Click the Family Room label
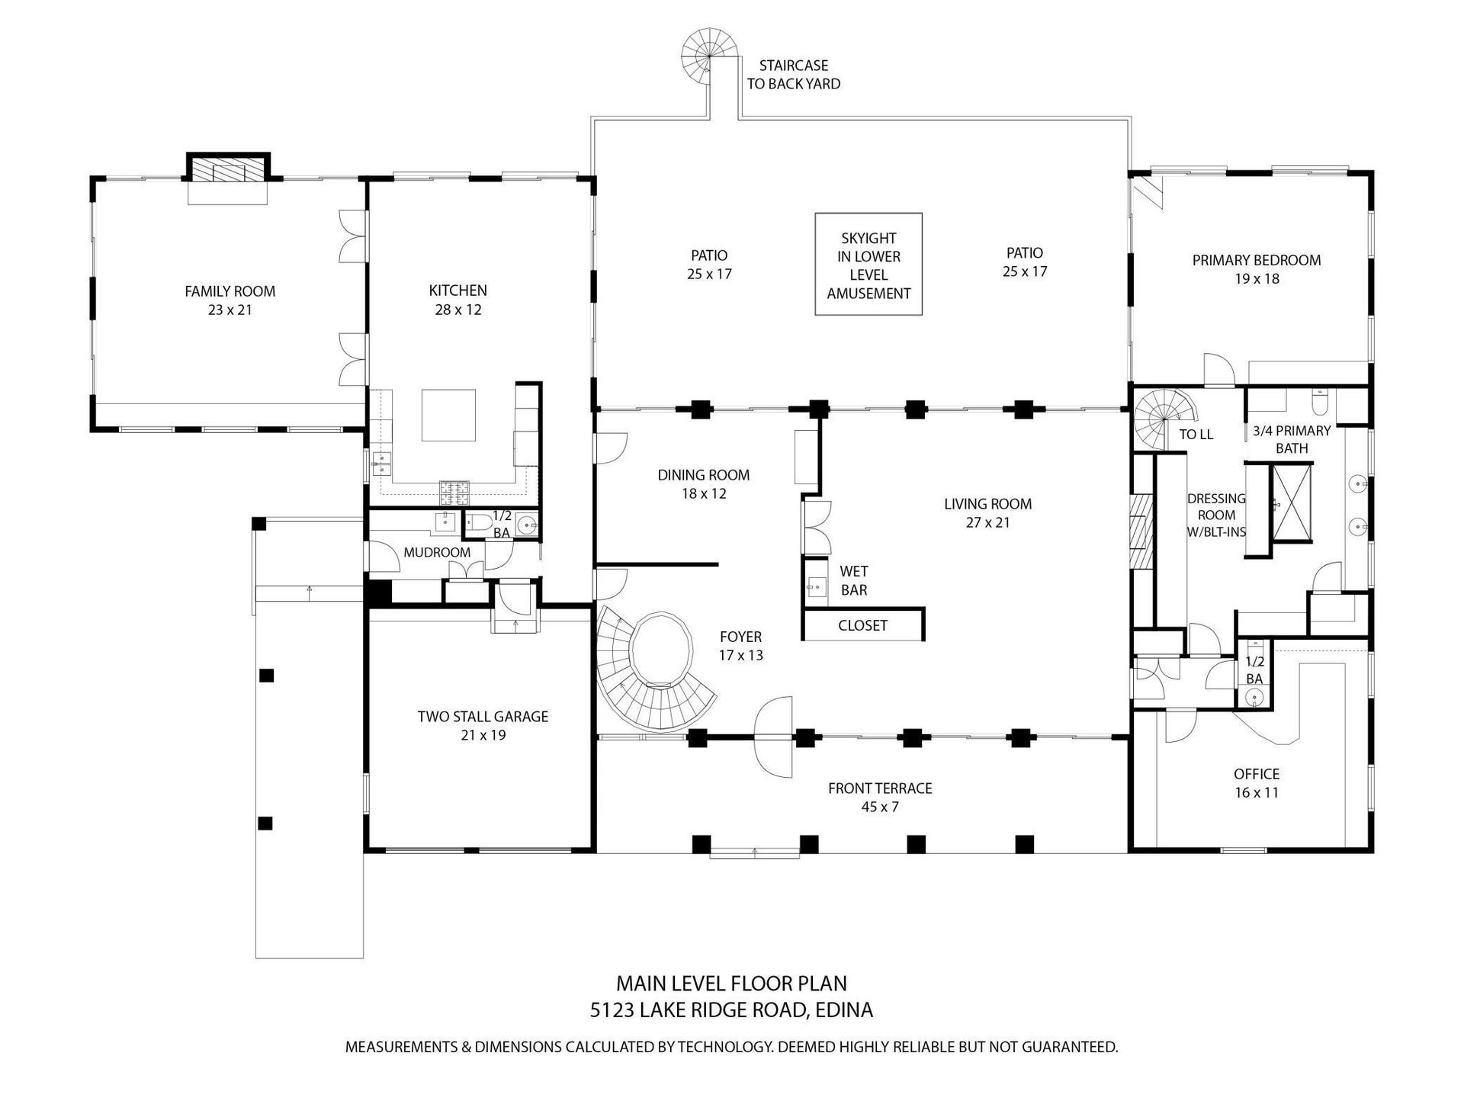pyautogui.click(x=230, y=300)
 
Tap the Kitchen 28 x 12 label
pyautogui.click(x=457, y=300)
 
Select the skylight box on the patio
pyautogui.click(x=868, y=264)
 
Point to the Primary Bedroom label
pyautogui.click(x=1257, y=269)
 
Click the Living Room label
pyautogui.click(x=987, y=513)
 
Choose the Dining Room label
pyautogui.click(x=704, y=484)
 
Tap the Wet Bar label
pyautogui.click(x=854, y=580)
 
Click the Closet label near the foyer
pyautogui.click(x=862, y=625)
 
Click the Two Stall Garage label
pyautogui.click(x=483, y=726)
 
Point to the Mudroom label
pyautogui.click(x=437, y=552)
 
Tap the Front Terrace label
pyautogui.click(x=880, y=797)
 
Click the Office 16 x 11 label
pyautogui.click(x=1256, y=783)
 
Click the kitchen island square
pyautogui.click(x=449, y=416)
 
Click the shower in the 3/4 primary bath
pyautogui.click(x=1290, y=502)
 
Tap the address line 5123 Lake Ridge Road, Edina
pyautogui.click(x=731, y=1010)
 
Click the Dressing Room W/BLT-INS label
pyautogui.click(x=1216, y=515)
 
